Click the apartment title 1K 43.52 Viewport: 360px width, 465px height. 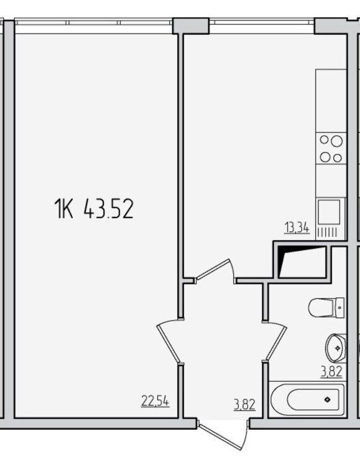(x=94, y=209)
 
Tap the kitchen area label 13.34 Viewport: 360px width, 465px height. (x=297, y=229)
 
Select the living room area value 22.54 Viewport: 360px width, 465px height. (x=155, y=402)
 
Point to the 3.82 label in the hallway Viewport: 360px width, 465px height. (x=245, y=404)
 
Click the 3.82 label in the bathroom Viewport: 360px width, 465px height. (x=331, y=371)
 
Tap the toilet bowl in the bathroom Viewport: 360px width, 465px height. (x=322, y=308)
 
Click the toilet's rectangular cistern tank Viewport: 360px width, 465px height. (x=340, y=308)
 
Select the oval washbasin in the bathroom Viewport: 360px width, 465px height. (x=336, y=348)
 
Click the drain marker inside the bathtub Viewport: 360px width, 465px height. (x=327, y=399)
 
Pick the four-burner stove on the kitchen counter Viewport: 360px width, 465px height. (x=331, y=149)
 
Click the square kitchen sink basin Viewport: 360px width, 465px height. (x=329, y=212)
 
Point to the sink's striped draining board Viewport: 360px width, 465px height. (x=327, y=232)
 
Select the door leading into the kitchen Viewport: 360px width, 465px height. (x=214, y=269)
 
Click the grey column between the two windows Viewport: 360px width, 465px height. (x=191, y=26)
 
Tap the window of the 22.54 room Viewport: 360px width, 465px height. (x=94, y=22)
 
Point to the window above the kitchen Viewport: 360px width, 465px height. (x=261, y=22)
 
